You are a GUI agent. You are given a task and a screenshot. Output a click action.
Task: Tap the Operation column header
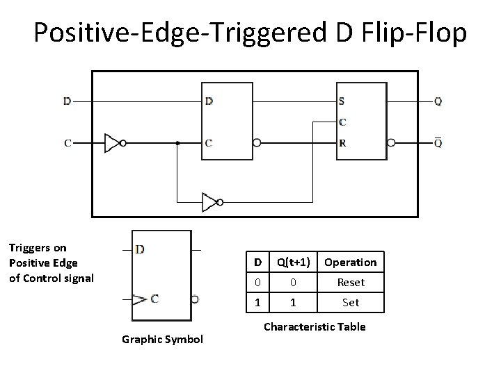tap(350, 262)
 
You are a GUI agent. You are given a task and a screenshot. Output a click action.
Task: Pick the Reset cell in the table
tap(350, 283)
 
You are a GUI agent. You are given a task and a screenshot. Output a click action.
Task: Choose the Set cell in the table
tap(350, 303)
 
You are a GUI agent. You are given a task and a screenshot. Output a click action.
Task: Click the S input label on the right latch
tap(342, 101)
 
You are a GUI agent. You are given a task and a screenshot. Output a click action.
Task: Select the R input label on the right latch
tap(342, 144)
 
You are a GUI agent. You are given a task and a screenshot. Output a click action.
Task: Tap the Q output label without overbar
tap(437, 101)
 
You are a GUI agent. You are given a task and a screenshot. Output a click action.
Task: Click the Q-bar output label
tap(437, 143)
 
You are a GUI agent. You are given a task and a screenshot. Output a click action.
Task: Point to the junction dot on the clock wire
tap(177, 143)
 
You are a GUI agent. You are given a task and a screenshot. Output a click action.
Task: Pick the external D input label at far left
tap(67, 101)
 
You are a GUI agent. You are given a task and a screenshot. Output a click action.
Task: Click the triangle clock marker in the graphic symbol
tap(140, 299)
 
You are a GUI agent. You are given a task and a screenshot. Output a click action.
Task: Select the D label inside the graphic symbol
tap(141, 249)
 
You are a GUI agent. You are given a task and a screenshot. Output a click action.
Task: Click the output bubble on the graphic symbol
tap(195, 299)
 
